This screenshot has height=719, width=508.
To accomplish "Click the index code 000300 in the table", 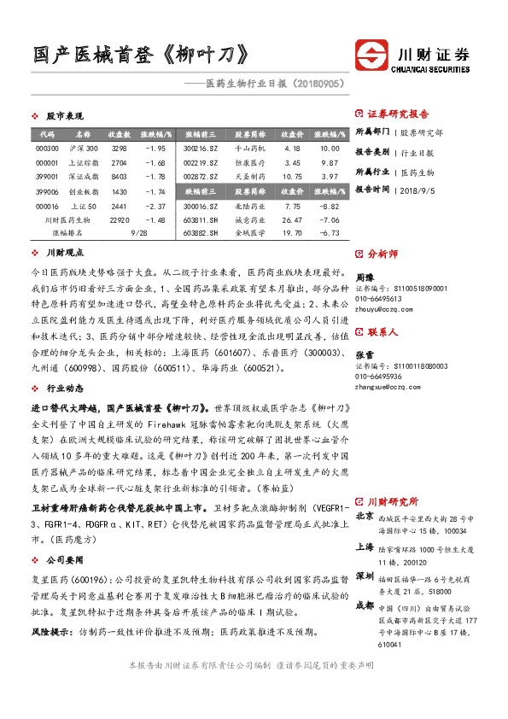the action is (47, 149).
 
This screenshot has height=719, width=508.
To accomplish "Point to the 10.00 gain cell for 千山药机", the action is (329, 149).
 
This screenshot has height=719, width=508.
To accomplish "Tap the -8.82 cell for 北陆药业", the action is (329, 206).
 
